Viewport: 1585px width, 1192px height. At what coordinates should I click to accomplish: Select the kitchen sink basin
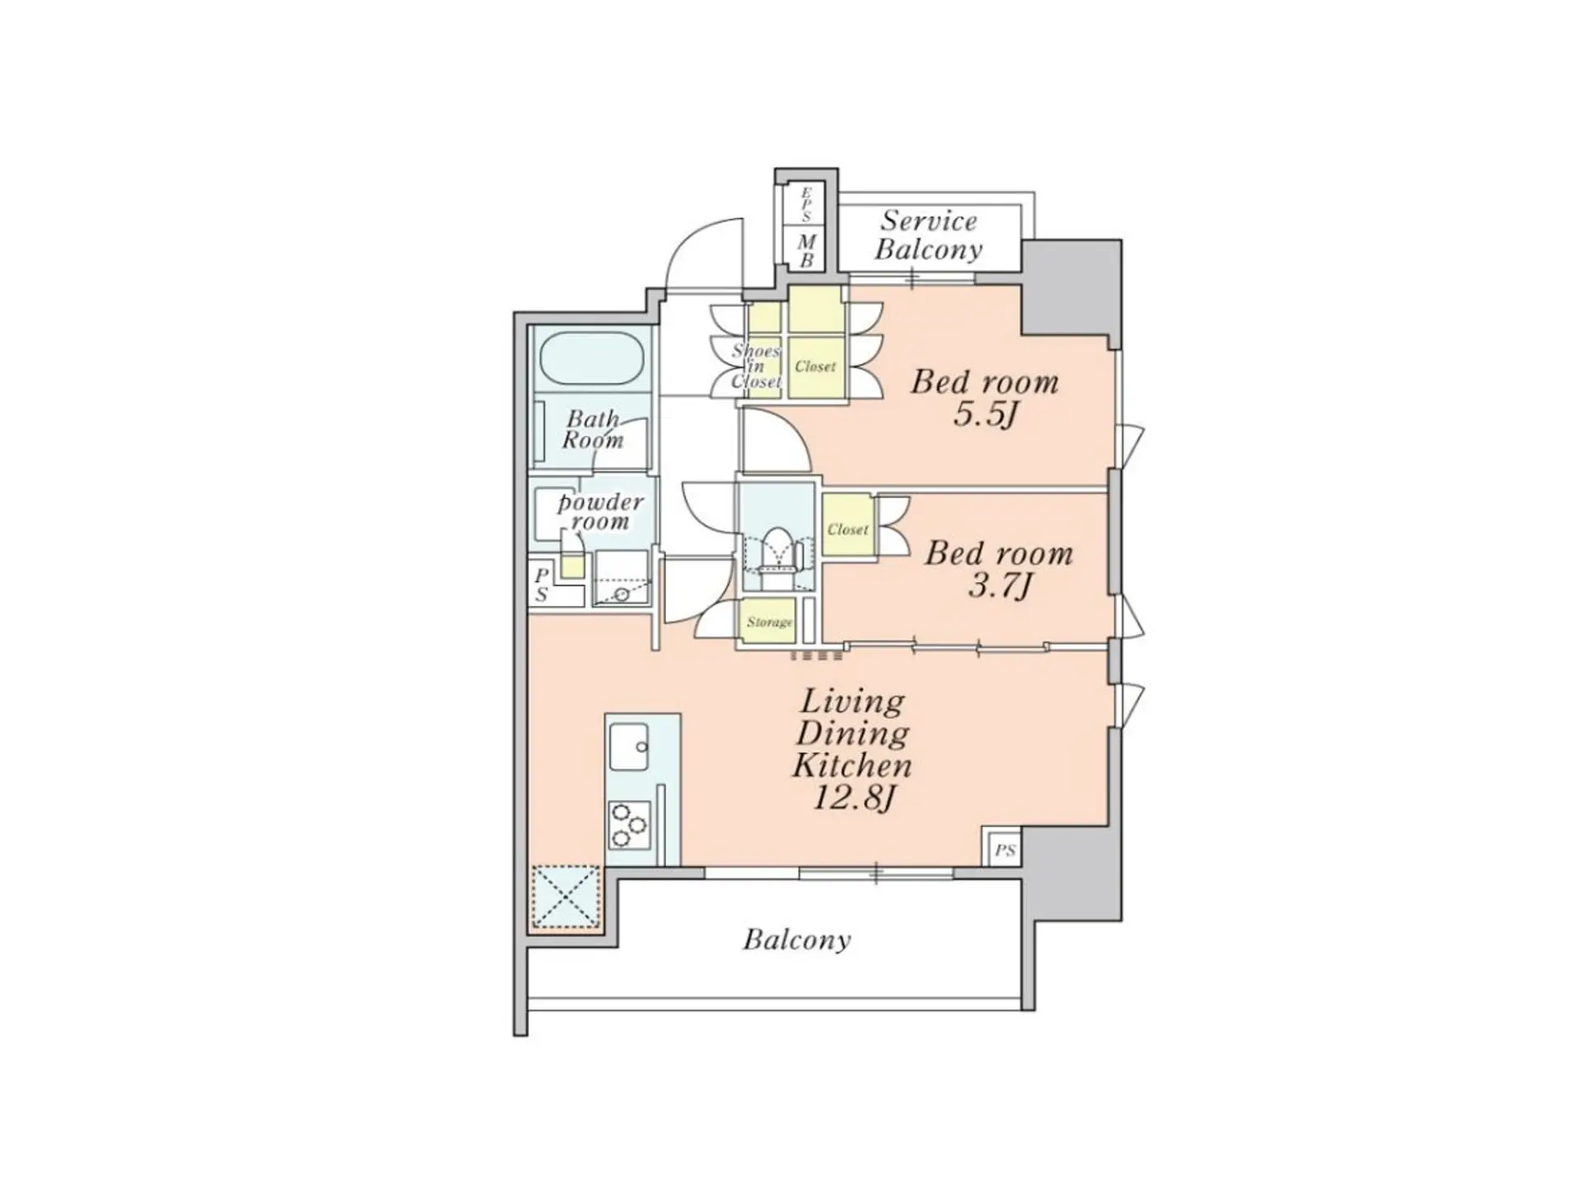pyautogui.click(x=629, y=746)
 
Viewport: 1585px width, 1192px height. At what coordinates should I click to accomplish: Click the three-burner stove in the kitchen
pyautogui.click(x=628, y=825)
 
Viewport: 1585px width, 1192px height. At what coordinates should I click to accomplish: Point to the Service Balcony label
pyautogui.click(x=929, y=235)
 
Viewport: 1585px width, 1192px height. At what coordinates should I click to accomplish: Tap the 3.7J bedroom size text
pyautogui.click(x=998, y=585)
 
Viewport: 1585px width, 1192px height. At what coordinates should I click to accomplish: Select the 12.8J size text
pyautogui.click(x=854, y=798)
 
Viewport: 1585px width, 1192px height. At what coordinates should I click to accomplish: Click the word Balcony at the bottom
pyautogui.click(x=797, y=939)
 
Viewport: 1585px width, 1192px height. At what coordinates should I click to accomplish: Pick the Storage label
pyautogui.click(x=769, y=622)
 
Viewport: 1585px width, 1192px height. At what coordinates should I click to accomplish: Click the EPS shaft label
pyautogui.click(x=807, y=204)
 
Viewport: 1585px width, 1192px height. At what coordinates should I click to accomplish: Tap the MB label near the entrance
pyautogui.click(x=807, y=251)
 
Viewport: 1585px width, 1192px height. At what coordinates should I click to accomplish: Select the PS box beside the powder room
pyautogui.click(x=542, y=584)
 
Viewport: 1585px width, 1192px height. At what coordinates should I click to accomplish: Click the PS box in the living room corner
pyautogui.click(x=1004, y=849)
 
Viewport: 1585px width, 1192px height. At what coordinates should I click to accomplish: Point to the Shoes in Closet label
pyautogui.click(x=755, y=366)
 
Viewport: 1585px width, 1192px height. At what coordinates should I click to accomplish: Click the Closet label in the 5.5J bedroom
pyautogui.click(x=816, y=367)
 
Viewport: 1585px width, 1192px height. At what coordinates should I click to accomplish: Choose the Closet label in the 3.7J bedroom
pyautogui.click(x=848, y=529)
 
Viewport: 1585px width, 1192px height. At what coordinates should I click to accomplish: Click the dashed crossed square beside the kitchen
pyautogui.click(x=565, y=895)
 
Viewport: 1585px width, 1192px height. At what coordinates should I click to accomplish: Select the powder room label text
pyautogui.click(x=600, y=512)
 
